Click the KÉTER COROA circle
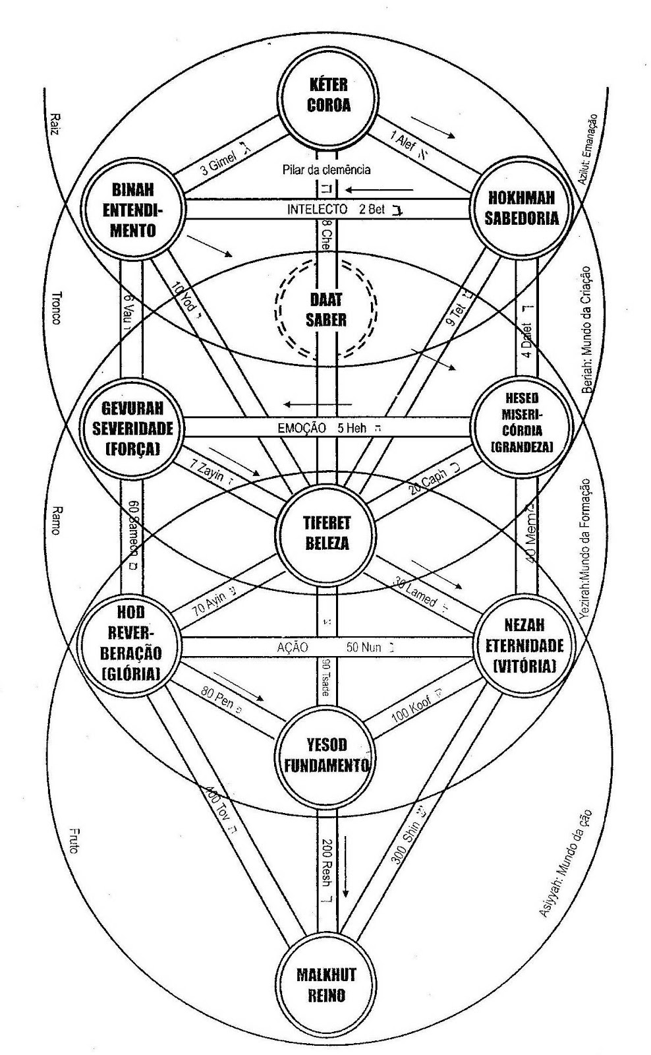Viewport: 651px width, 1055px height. [x=328, y=96]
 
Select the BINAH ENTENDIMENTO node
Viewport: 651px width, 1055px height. [x=133, y=209]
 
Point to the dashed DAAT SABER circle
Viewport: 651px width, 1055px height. [x=327, y=311]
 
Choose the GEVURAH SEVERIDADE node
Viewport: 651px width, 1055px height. [x=132, y=429]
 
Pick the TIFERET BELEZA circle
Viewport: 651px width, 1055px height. [x=327, y=533]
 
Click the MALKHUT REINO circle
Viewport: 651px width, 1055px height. [x=325, y=985]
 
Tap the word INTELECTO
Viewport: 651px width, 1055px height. [x=317, y=209]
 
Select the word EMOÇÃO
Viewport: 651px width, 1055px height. [x=302, y=428]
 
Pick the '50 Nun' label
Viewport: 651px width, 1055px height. [x=364, y=648]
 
